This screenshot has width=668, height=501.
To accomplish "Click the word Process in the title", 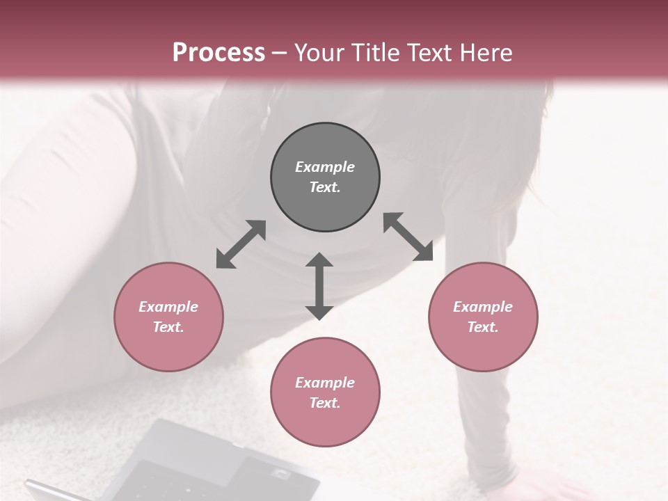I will point(218,52).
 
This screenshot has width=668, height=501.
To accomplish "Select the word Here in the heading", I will point(486,52).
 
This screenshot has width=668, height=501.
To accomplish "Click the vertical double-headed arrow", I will point(319,286).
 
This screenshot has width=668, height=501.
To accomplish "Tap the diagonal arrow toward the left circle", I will point(241,244).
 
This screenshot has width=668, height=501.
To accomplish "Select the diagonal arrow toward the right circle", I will point(408,237).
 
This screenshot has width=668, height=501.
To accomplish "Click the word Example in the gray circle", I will point(325,167).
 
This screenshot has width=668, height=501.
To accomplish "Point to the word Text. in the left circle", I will point(168,327).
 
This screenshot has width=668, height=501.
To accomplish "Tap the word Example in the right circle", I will point(483,307).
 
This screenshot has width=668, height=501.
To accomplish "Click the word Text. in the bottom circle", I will point(325,403).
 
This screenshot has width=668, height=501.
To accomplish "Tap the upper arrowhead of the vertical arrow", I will point(319,260).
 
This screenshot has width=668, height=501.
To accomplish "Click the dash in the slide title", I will point(279,52).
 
